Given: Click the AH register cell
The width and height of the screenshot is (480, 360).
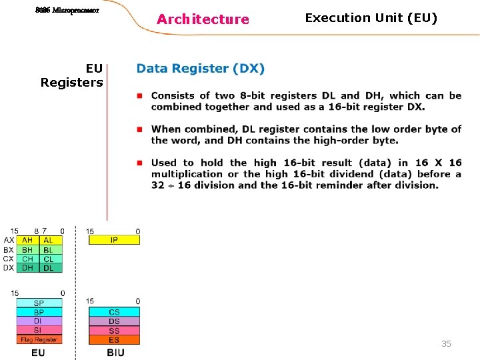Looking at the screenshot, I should [27, 240].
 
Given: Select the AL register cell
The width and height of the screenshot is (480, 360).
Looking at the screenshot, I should [49, 240].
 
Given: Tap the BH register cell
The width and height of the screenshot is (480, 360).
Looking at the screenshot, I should [27, 250].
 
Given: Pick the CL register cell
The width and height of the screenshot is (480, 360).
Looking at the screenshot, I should [49, 259].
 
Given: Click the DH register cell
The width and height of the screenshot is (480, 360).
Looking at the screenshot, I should [27, 268].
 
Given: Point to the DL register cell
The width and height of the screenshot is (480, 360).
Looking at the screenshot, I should [49, 268].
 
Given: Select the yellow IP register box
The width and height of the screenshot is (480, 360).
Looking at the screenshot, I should [114, 240].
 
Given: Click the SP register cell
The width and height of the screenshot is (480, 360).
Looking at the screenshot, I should [39, 303].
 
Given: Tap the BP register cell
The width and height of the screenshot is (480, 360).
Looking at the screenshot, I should [39, 312].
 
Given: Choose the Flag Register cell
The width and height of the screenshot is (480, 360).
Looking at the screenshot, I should [39, 340].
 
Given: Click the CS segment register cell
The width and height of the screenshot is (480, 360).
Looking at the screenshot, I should [114, 312].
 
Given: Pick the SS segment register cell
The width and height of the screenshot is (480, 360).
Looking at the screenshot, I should [114, 331].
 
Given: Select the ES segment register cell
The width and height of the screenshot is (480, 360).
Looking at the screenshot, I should [114, 340].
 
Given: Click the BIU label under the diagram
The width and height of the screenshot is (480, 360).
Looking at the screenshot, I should [115, 353].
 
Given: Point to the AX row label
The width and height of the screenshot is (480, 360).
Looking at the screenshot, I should [9, 240].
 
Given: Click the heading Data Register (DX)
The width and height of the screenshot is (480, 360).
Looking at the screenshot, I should [201, 69].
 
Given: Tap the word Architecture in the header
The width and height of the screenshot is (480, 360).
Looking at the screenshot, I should [203, 19].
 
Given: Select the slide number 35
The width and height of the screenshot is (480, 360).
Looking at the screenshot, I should [446, 343].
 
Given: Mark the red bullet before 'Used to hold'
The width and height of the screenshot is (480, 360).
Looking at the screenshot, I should [140, 162].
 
